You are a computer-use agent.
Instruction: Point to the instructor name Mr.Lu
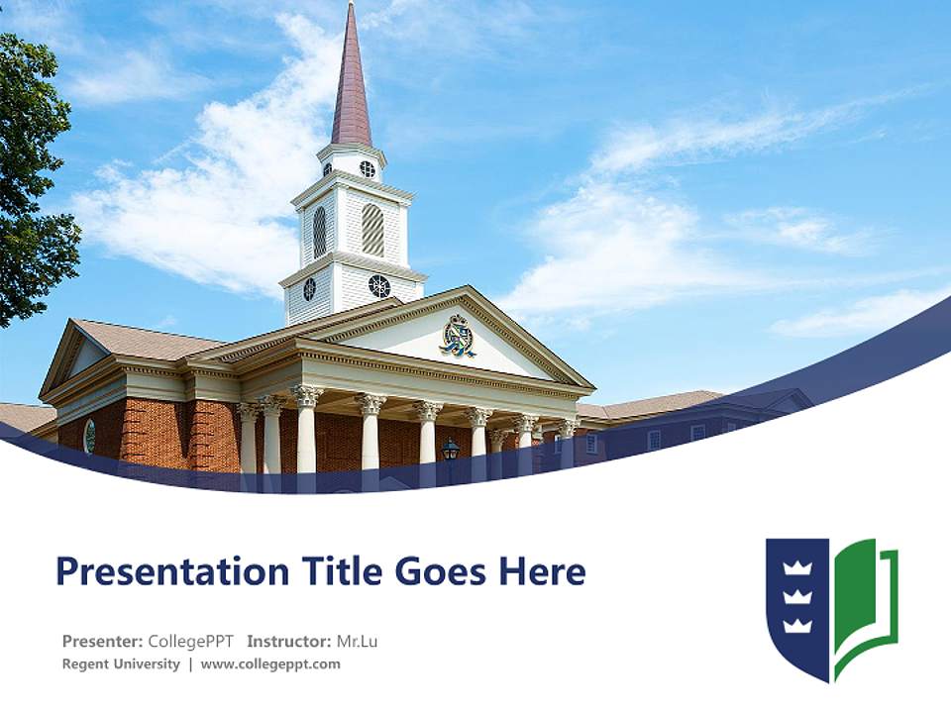(x=357, y=641)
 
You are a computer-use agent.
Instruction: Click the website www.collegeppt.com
(x=270, y=663)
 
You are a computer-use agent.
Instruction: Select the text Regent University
(x=121, y=663)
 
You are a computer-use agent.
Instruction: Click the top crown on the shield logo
(x=796, y=568)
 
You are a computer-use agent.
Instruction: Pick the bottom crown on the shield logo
(x=796, y=624)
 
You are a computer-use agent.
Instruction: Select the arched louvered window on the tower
(x=372, y=230)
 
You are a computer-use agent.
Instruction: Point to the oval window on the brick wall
(x=89, y=436)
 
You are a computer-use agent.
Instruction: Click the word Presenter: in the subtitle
(x=102, y=641)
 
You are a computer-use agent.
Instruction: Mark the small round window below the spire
(x=368, y=168)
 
